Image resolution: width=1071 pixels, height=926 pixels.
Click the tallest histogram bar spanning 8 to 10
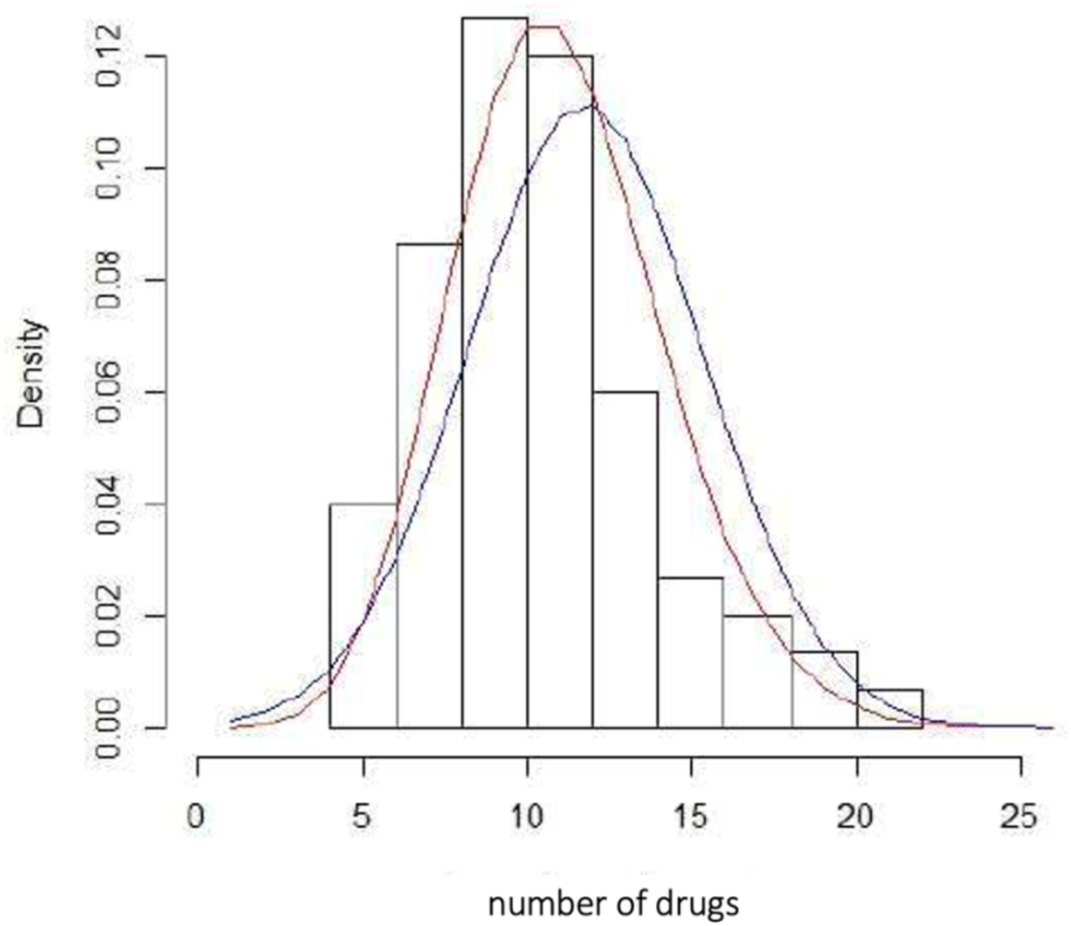tap(495, 371)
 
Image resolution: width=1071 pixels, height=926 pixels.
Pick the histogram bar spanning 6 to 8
tap(429, 485)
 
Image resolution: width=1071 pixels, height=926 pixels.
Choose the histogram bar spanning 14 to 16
tap(690, 652)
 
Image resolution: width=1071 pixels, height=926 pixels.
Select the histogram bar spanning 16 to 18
tap(757, 671)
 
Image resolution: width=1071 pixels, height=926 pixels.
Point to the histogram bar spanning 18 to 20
tap(824, 689)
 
